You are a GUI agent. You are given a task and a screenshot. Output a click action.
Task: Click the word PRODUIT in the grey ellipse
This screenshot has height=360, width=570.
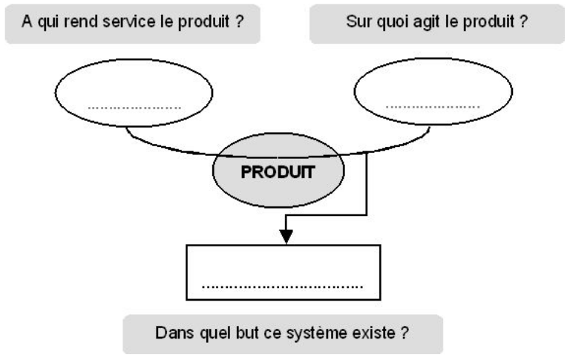pyautogui.click(x=278, y=172)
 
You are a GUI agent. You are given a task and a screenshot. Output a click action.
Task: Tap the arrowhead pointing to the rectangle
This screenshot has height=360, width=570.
pyautogui.click(x=286, y=236)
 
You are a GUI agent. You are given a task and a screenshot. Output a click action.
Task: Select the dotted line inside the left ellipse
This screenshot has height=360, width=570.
pyautogui.click(x=134, y=107)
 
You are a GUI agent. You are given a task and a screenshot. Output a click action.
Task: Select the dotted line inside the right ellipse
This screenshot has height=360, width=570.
pyautogui.click(x=433, y=107)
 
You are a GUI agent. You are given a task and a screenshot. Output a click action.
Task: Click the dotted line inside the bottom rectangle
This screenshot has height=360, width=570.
pyautogui.click(x=283, y=286)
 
